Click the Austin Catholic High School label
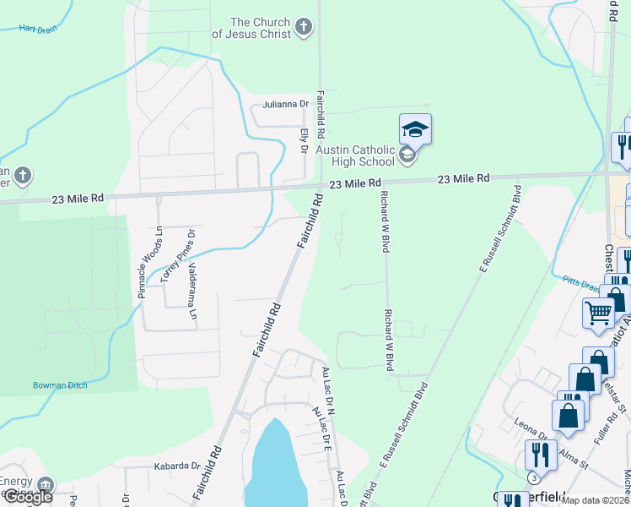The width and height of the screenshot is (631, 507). tap(355, 155)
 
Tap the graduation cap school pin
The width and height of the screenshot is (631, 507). tap(415, 130)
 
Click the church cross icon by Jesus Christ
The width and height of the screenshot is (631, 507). tap(305, 29)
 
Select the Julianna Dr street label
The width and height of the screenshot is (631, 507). tap(281, 104)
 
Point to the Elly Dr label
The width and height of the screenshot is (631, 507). tap(304, 140)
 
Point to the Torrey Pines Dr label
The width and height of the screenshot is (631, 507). tap(178, 255)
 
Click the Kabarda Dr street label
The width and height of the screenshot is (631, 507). tap(177, 465)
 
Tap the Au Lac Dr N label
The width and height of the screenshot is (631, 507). tap(329, 388)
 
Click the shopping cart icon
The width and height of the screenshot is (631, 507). tap(598, 313)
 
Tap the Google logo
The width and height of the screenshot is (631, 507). tap(27, 497)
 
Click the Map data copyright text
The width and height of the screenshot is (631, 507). tap(596, 500)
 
